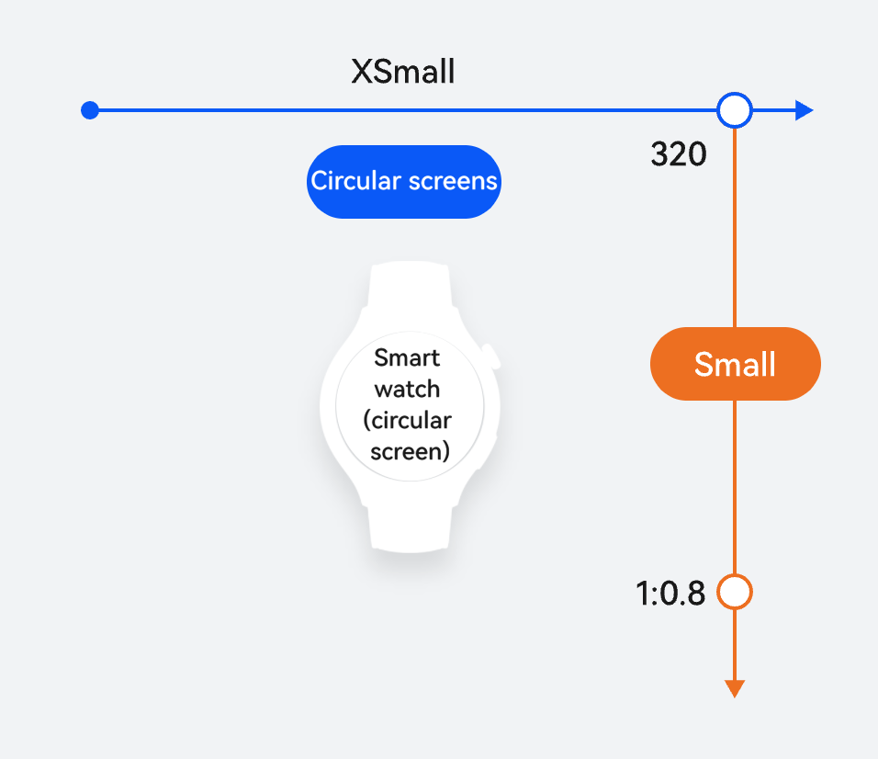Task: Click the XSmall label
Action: point(402,72)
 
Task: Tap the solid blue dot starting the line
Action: point(90,110)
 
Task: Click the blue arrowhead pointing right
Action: point(805,110)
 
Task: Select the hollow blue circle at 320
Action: point(735,110)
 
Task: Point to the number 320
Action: point(679,154)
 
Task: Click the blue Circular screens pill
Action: point(404,182)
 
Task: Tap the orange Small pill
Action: point(736,364)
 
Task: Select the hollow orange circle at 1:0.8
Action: point(735,592)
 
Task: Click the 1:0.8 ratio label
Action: point(670,594)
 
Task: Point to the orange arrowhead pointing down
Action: point(735,688)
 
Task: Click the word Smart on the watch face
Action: point(407,357)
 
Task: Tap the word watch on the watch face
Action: point(407,389)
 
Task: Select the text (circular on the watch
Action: point(407,420)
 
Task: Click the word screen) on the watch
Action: point(410,451)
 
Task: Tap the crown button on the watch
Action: point(491,357)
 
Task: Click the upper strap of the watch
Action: point(410,286)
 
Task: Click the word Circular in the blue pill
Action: point(356,181)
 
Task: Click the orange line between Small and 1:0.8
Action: point(735,487)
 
